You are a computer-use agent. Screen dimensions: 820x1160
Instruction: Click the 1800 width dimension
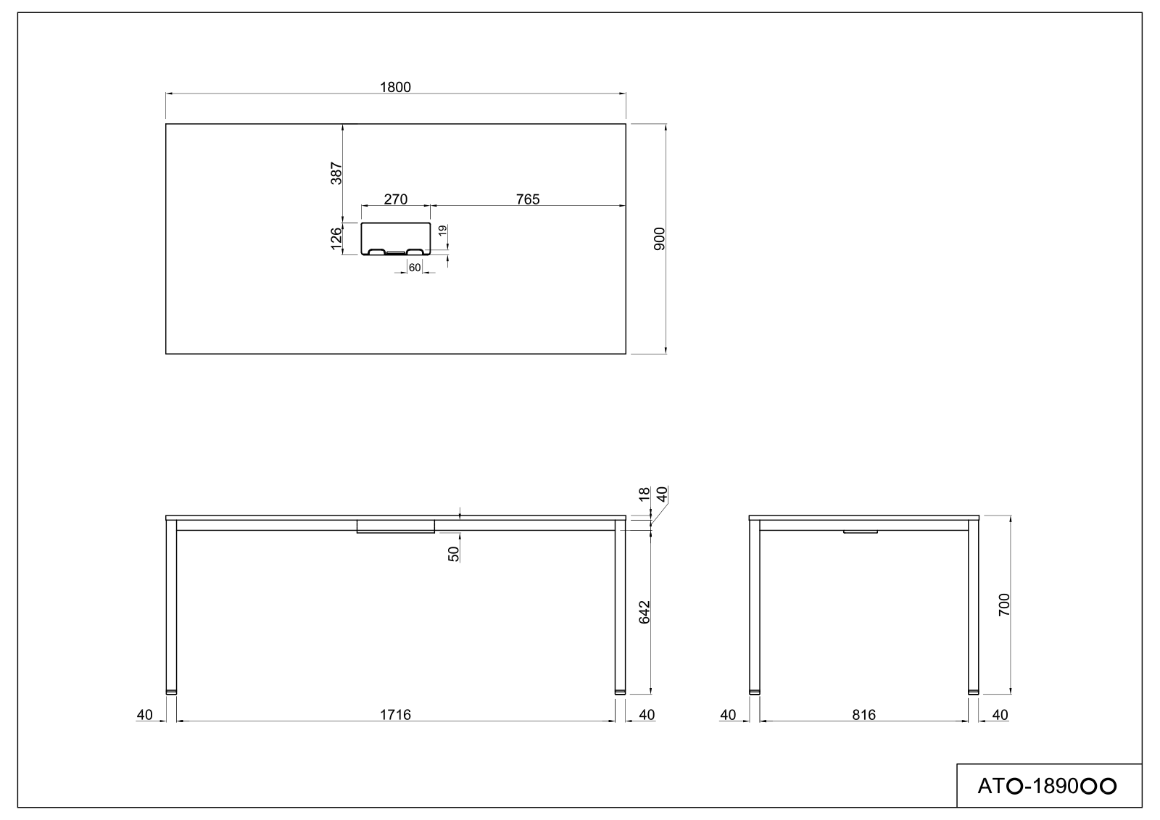coord(395,87)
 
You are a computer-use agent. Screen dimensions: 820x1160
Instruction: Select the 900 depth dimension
coord(659,239)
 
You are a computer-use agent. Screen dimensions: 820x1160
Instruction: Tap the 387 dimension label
coord(336,173)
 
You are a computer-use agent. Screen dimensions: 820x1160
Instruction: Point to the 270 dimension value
coord(395,199)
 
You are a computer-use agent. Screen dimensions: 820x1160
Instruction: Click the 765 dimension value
coord(527,199)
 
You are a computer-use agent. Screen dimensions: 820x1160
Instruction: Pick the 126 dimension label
coord(336,239)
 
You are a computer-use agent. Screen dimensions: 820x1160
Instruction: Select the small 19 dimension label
coord(442,231)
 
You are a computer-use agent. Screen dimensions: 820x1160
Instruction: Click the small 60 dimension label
coord(415,268)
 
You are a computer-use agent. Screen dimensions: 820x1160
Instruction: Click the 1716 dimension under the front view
coord(395,715)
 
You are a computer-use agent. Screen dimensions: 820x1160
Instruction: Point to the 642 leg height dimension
coord(645,611)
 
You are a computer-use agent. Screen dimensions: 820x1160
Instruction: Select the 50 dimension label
coord(453,554)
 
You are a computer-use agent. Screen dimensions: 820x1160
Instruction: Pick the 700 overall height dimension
coord(1004,604)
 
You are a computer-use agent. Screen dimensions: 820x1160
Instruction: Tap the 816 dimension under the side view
coord(863,715)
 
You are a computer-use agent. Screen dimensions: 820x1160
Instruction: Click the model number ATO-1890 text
coord(1046,786)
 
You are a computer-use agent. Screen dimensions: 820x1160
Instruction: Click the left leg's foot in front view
coord(171,692)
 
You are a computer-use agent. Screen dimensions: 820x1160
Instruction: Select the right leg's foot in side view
coord(973,692)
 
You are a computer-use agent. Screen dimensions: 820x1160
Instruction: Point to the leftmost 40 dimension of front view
coord(144,715)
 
